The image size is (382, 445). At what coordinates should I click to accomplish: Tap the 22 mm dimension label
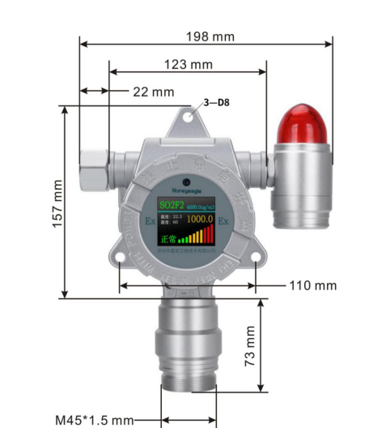click(153, 92)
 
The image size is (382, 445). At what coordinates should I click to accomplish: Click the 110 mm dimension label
click(313, 285)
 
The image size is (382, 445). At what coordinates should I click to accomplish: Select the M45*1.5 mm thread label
click(94, 421)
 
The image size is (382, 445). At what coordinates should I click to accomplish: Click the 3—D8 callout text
click(216, 103)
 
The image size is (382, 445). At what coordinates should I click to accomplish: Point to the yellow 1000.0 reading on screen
click(200, 220)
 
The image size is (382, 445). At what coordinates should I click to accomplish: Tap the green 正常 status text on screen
click(168, 239)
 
